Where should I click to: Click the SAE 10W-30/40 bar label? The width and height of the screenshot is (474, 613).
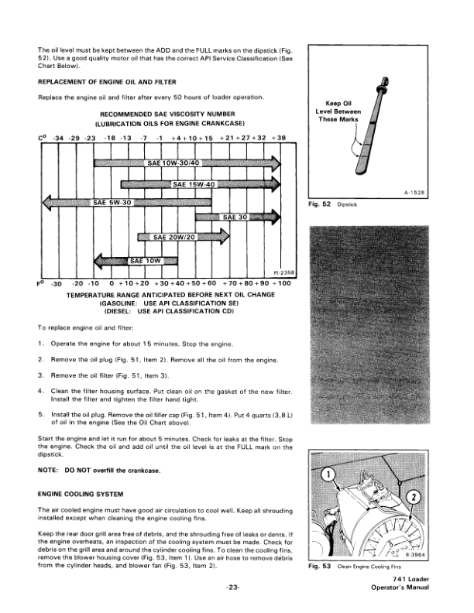[173, 163]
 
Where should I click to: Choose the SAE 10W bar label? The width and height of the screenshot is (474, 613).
[145, 260]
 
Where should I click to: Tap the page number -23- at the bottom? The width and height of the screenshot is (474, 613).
[233, 588]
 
